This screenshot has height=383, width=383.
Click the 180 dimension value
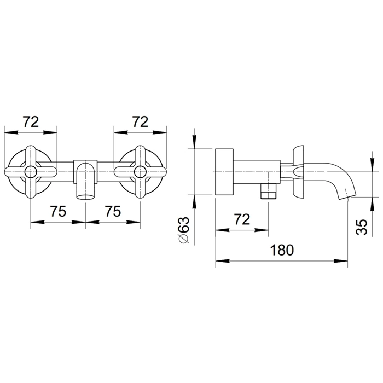pyautogui.click(x=282, y=250)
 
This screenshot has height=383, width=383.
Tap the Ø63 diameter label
pyautogui.click(x=184, y=230)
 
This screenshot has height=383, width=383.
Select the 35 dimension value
pyautogui.click(x=362, y=227)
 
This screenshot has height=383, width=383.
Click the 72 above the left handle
pyautogui.click(x=31, y=121)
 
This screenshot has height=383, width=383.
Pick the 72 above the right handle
pyautogui.click(x=140, y=121)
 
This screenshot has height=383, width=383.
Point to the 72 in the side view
pyautogui.click(x=242, y=219)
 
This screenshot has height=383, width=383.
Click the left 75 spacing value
pyautogui.click(x=58, y=211)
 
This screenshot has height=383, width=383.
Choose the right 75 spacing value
pyautogui.click(x=113, y=211)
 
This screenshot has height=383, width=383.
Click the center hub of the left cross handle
pyautogui.click(x=31, y=171)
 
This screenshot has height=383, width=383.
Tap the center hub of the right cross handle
pyautogui.click(x=140, y=171)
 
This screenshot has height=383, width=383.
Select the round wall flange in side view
pyautogui.click(x=224, y=171)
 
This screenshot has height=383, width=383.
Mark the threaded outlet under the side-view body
pyautogui.click(x=269, y=191)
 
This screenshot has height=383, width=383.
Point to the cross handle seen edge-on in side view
pyautogui.click(x=299, y=171)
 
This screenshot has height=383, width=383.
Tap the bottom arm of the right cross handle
pyautogui.click(x=140, y=187)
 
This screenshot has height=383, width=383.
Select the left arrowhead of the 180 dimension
pyautogui.click(x=223, y=261)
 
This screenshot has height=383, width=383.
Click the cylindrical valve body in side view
pyautogui.click(x=257, y=171)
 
